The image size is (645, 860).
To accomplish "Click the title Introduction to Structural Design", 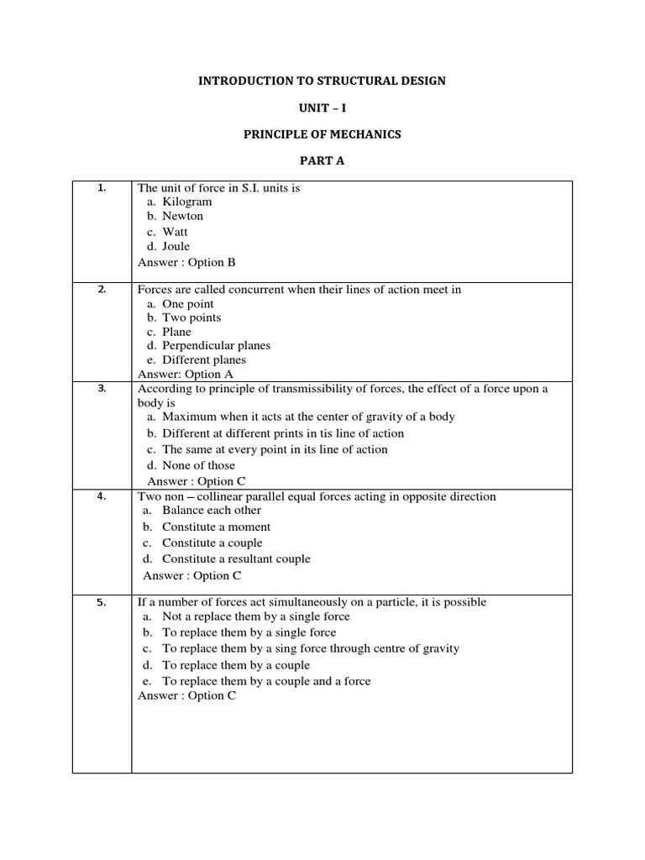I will [322, 81].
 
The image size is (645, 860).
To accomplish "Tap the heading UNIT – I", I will [322, 108].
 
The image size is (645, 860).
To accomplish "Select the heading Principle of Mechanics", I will [322, 135].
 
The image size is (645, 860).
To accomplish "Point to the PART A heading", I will [322, 162].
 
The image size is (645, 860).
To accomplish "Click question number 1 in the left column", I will [102, 188].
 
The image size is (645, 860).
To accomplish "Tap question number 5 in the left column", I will [102, 601].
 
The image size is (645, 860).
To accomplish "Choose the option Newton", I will [182, 216].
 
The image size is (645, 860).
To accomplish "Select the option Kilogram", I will [186, 202].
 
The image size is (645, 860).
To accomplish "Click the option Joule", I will [176, 246].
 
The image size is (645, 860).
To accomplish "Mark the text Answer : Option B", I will [186, 262].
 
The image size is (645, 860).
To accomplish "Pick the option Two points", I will [191, 317].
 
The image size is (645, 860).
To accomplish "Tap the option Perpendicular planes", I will [216, 345].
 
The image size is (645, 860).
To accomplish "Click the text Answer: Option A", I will [185, 374].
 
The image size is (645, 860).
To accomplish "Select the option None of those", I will [198, 465].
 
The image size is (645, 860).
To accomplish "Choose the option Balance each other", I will [212, 510].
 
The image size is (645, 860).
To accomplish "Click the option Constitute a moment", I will [216, 527].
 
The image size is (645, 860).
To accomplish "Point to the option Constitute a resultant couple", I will [236, 558].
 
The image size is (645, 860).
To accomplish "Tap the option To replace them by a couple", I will [236, 665].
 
